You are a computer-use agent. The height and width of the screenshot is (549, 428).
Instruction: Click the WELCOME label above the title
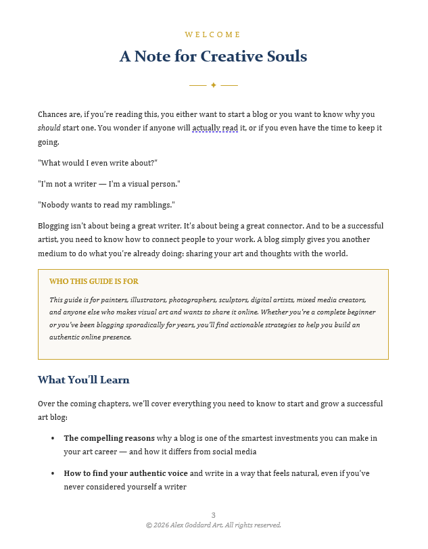213,34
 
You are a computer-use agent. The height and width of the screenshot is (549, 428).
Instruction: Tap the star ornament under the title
214,85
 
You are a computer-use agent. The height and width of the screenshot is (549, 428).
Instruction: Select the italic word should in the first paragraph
49,128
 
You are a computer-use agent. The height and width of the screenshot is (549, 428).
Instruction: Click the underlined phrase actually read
214,128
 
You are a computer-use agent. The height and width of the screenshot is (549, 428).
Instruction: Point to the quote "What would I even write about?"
97,163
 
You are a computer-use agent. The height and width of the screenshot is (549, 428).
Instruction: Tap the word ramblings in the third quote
152,205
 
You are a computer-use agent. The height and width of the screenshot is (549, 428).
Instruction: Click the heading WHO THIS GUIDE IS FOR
94,281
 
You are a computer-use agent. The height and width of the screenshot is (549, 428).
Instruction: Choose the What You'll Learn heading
83,380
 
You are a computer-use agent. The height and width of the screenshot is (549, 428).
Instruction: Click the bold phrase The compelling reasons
109,438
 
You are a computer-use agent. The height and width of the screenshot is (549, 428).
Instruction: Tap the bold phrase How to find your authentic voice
126,473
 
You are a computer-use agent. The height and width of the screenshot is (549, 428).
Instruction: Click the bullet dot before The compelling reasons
53,439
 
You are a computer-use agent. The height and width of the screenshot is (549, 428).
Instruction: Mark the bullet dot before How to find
53,474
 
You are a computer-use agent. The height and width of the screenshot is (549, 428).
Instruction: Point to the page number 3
214,515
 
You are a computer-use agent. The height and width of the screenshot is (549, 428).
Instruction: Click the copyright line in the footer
214,525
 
